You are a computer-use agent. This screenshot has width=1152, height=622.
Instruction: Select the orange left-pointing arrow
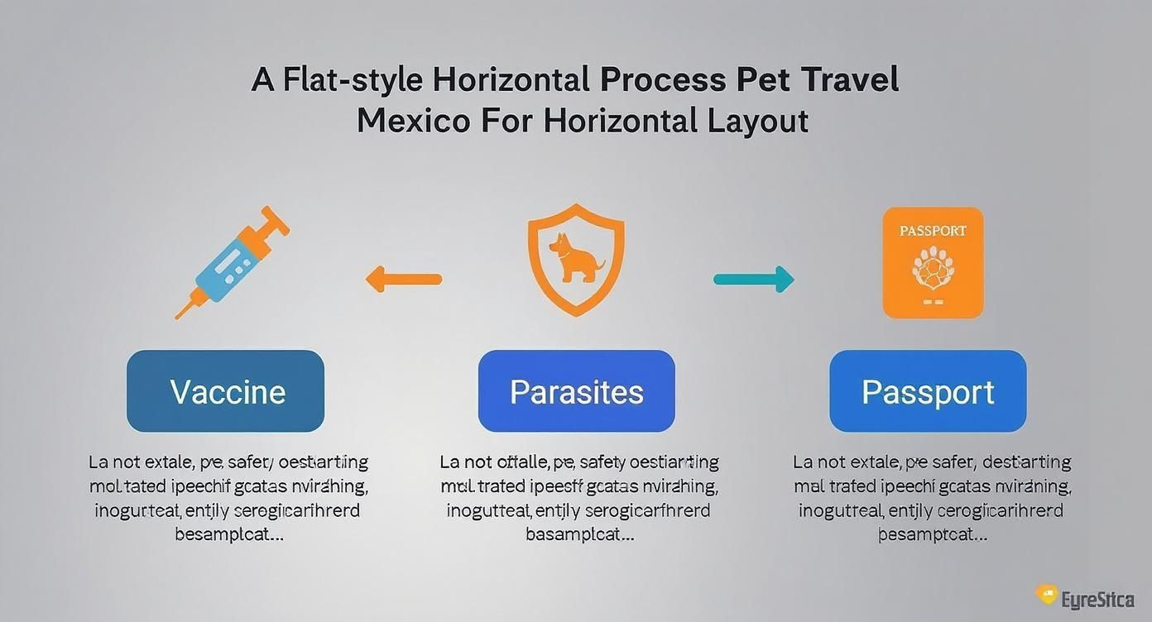[x=404, y=279]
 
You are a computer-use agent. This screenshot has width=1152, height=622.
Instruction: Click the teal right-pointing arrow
[x=754, y=280]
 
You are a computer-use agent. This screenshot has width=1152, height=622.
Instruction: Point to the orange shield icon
[x=576, y=260]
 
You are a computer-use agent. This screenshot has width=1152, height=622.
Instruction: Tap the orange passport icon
[x=933, y=263]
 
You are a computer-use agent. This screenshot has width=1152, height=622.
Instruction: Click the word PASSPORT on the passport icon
[x=933, y=231]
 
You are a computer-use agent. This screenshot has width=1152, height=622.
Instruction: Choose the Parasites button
[x=577, y=391]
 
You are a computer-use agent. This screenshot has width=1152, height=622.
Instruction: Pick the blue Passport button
[x=928, y=391]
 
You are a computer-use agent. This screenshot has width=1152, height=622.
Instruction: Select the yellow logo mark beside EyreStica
[x=1046, y=594]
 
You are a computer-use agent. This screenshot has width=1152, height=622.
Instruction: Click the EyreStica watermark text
[x=1097, y=598]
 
